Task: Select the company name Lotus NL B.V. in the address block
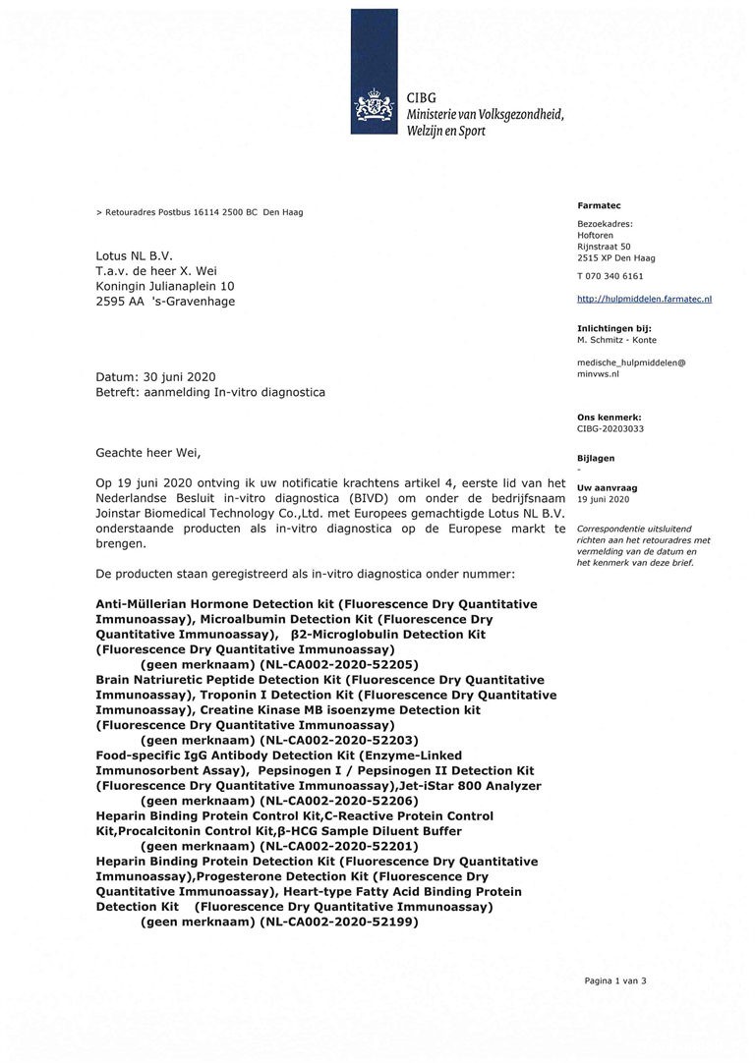[134, 255]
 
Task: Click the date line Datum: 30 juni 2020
[155, 377]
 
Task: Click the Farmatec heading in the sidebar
[598, 205]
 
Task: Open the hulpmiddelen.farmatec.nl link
[644, 298]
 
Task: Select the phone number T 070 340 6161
[610, 276]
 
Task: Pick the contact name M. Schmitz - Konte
[616, 339]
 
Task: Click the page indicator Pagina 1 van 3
[615, 980]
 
